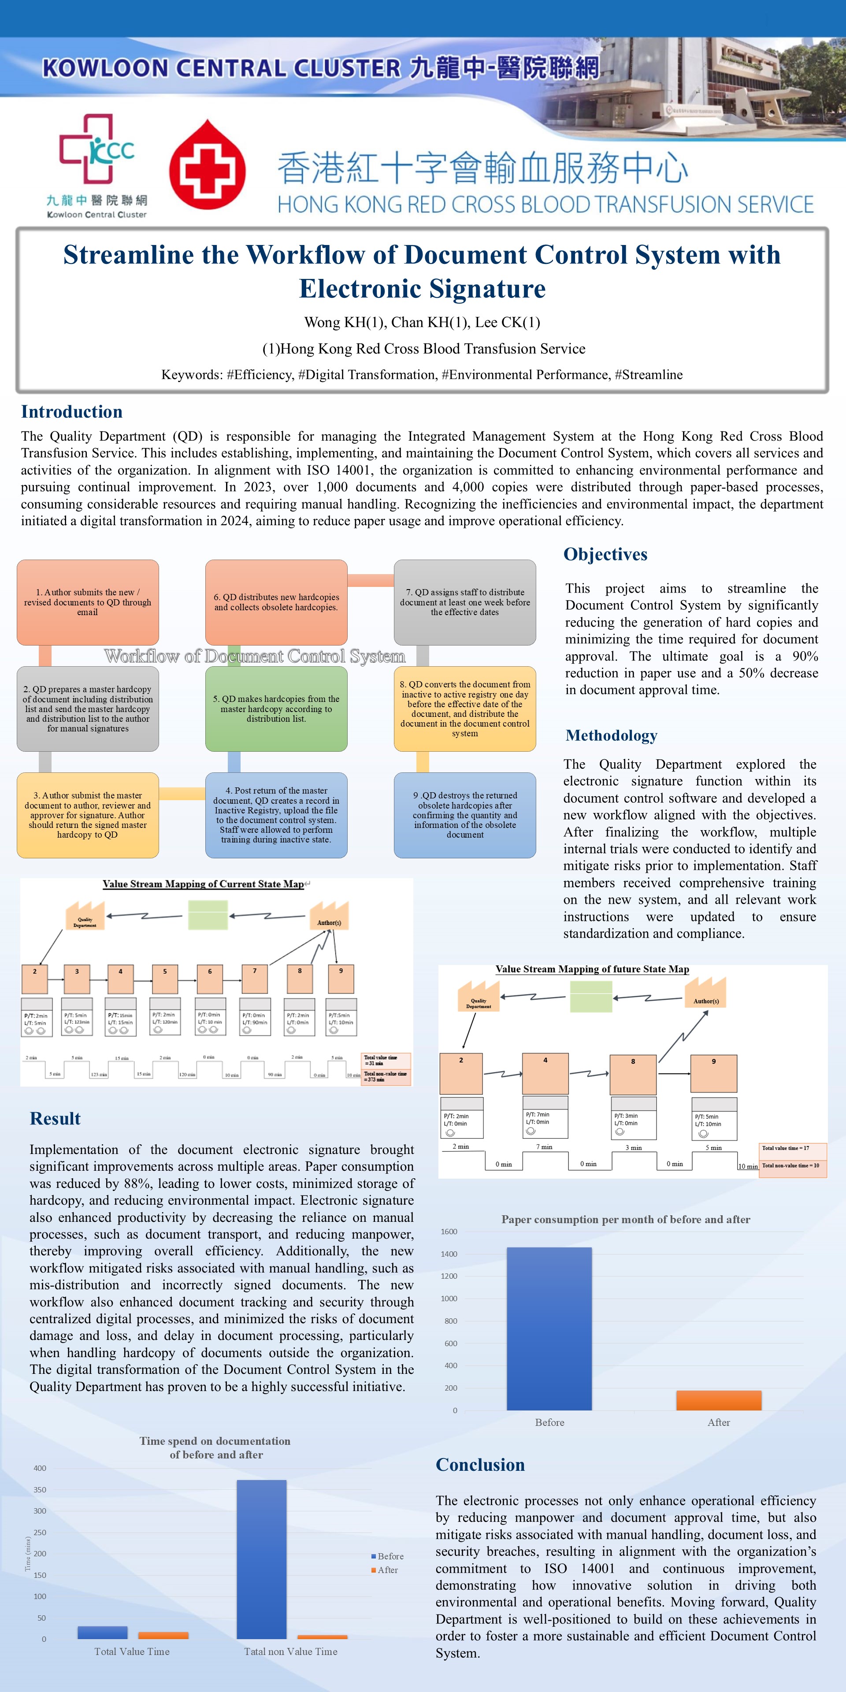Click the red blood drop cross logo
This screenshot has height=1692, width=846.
208,165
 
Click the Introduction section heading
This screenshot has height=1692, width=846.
71,412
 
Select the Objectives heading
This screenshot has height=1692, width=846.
605,554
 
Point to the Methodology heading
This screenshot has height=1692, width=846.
611,736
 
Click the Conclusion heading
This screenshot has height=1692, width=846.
480,1465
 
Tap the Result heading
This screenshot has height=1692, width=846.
55,1119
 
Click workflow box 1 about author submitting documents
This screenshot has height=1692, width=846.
87,602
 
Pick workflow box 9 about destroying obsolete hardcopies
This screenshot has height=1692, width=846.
464,815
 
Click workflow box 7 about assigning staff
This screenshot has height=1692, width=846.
464,602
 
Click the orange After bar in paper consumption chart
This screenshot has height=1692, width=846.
719,1400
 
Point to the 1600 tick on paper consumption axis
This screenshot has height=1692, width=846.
449,1232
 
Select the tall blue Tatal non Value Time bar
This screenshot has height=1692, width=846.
261,1559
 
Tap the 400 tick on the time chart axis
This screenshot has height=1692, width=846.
40,1468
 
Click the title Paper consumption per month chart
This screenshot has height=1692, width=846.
625,1220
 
